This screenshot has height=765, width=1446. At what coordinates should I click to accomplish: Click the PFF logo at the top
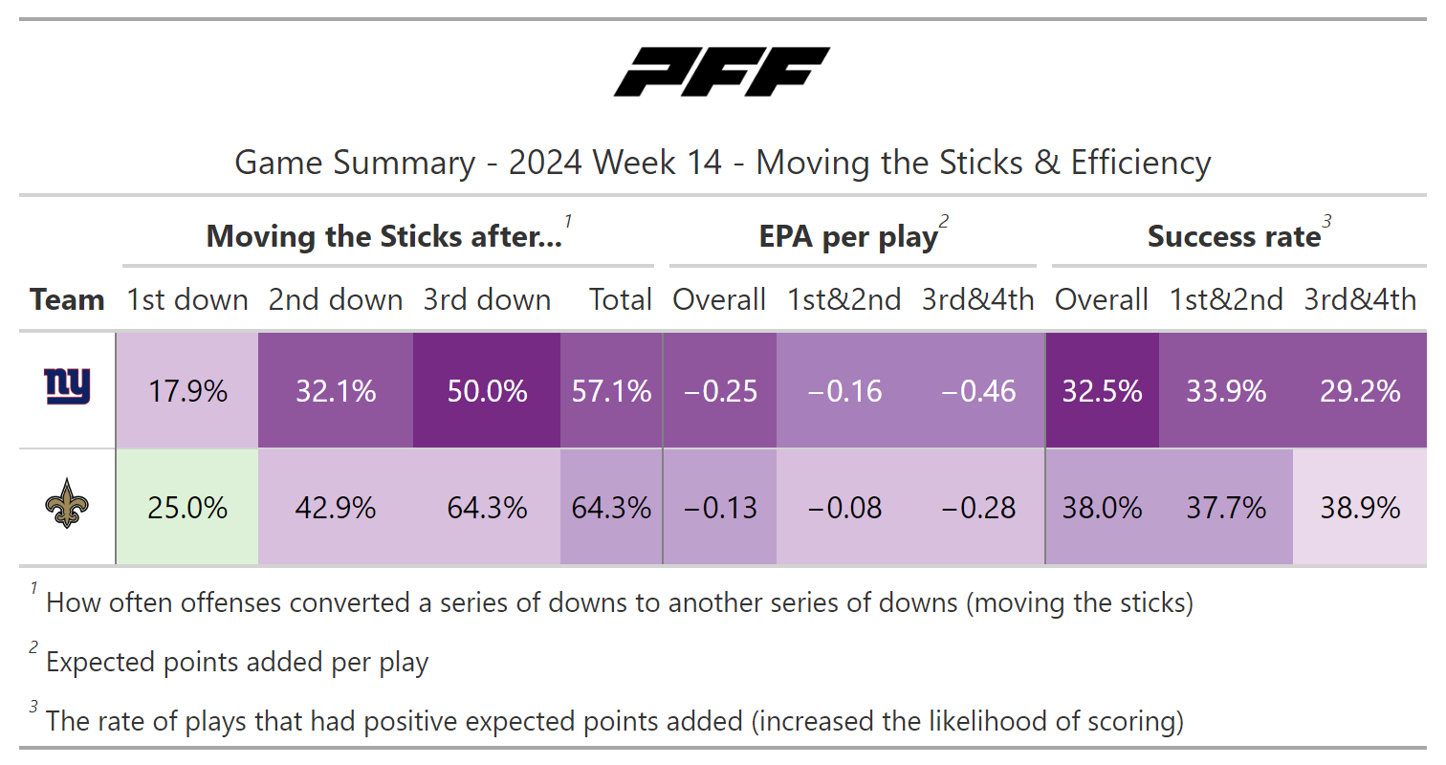[722, 73]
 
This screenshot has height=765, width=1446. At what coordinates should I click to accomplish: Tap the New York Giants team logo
[67, 387]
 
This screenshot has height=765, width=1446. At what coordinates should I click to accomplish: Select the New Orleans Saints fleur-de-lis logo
[67, 506]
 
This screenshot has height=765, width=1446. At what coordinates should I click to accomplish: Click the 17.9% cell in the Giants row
[187, 391]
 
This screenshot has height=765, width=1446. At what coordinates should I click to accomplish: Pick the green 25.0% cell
[187, 508]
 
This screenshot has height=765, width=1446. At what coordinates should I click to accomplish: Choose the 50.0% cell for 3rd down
[487, 391]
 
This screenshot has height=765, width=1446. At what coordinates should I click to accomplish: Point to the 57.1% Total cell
[611, 391]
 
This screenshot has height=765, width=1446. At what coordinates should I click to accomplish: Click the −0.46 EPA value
[977, 391]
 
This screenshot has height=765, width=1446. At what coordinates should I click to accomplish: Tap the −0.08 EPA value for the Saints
[843, 508]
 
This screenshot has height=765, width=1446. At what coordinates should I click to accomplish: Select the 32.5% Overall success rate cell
[1102, 391]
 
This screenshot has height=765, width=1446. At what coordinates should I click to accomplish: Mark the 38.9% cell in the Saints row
[1360, 508]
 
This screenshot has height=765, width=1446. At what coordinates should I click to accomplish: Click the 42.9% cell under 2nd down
[336, 508]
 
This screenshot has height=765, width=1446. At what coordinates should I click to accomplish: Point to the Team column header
[67, 300]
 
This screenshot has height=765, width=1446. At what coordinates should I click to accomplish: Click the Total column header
[621, 300]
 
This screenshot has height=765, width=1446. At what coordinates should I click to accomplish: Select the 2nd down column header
[336, 300]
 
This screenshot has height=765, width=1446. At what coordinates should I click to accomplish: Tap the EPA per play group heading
[848, 237]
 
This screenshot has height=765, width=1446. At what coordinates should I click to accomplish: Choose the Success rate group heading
[1234, 237]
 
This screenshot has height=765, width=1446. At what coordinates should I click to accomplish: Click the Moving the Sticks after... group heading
[384, 237]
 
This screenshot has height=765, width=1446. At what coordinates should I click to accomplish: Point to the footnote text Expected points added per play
[237, 663]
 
